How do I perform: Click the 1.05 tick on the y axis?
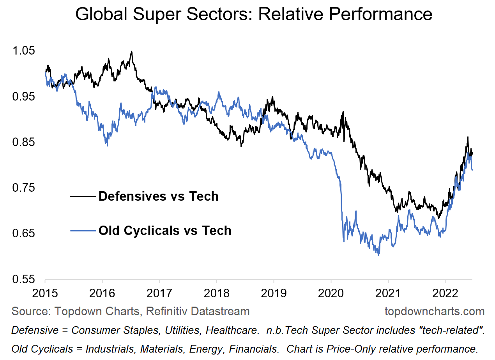point(24,51)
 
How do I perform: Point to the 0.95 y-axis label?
point(24,97)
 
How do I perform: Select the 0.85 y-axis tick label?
point(24,143)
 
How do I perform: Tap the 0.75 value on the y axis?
point(24,188)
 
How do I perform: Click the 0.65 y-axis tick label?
point(24,234)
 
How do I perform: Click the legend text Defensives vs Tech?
point(158,196)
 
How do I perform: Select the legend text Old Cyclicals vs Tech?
point(165,230)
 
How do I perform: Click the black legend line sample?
point(83,196)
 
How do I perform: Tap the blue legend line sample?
point(83,231)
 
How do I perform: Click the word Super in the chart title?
point(150,14)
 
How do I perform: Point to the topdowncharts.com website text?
point(435,311)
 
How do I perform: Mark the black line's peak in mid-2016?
point(132,51)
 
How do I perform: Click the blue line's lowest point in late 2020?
point(378,255)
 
